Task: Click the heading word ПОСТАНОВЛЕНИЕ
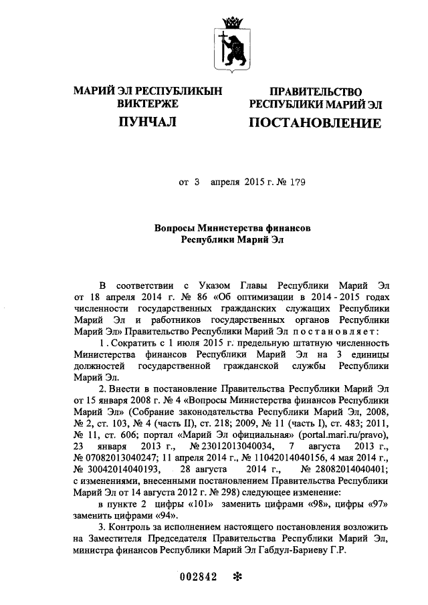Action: click(x=315, y=123)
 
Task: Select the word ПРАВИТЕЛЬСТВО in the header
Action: click(x=315, y=92)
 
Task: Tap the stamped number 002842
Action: click(x=199, y=578)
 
